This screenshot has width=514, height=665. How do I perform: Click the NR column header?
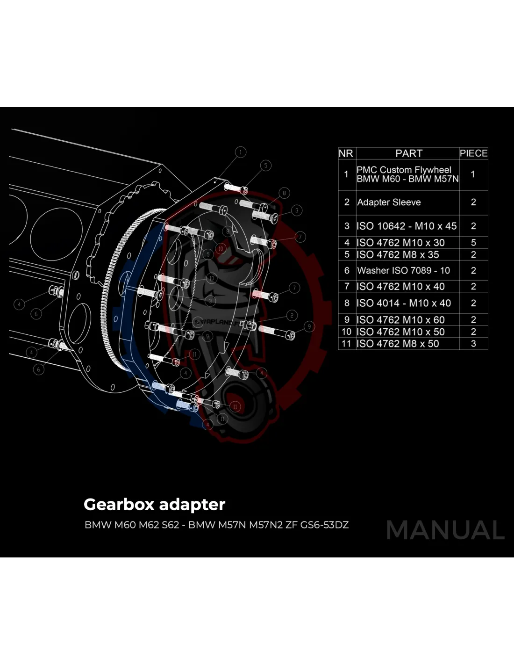(346, 153)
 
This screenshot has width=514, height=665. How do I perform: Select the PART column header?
(408, 153)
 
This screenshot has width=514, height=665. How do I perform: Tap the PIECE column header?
(473, 153)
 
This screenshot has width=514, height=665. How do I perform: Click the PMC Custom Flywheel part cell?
(407, 174)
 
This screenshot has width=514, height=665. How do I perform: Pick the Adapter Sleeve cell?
(389, 202)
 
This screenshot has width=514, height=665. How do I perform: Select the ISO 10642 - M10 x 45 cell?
(407, 226)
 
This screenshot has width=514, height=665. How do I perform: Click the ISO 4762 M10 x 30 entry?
(400, 243)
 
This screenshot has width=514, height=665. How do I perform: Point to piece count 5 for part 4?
(473, 243)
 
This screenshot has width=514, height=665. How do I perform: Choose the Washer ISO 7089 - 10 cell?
(403, 271)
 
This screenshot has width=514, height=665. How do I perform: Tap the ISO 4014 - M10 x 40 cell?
(404, 304)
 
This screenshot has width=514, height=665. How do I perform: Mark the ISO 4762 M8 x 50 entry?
(398, 344)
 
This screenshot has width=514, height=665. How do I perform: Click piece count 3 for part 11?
(473, 344)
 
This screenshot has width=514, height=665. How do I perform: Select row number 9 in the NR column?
(347, 320)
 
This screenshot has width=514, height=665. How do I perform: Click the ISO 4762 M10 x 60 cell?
(400, 320)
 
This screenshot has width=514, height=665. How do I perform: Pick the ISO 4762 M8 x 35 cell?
(398, 255)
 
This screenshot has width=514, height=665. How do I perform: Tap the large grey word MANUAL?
(445, 530)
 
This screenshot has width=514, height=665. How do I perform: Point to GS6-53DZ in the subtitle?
(324, 525)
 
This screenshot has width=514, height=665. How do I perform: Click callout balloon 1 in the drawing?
(241, 152)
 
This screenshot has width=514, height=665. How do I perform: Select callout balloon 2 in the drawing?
(292, 316)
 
